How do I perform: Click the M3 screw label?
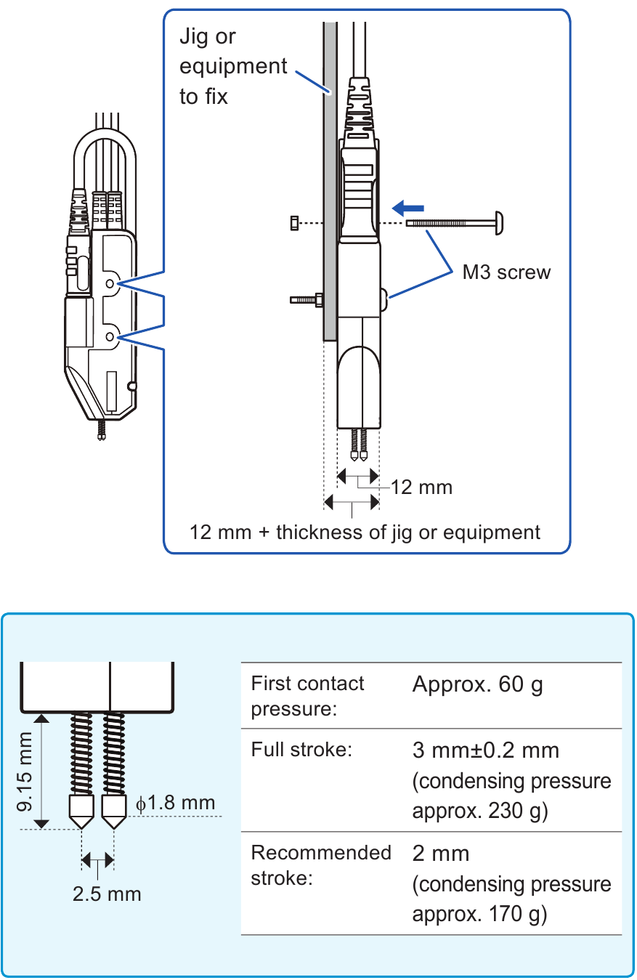(507, 272)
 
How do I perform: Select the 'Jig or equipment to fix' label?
(233, 66)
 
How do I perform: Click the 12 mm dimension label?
(421, 487)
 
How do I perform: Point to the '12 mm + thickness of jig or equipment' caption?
(365, 532)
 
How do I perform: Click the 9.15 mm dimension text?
(26, 772)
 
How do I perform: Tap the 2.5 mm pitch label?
(107, 894)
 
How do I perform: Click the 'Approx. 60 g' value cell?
(477, 684)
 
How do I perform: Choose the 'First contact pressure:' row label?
(307, 696)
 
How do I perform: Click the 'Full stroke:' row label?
(301, 749)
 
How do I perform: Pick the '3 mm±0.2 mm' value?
(486, 750)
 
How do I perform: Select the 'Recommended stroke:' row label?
(320, 864)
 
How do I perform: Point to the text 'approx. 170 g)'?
(479, 915)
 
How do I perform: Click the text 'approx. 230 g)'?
(479, 811)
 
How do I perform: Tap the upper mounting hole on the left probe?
(110, 283)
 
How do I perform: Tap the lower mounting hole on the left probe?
(110, 336)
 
